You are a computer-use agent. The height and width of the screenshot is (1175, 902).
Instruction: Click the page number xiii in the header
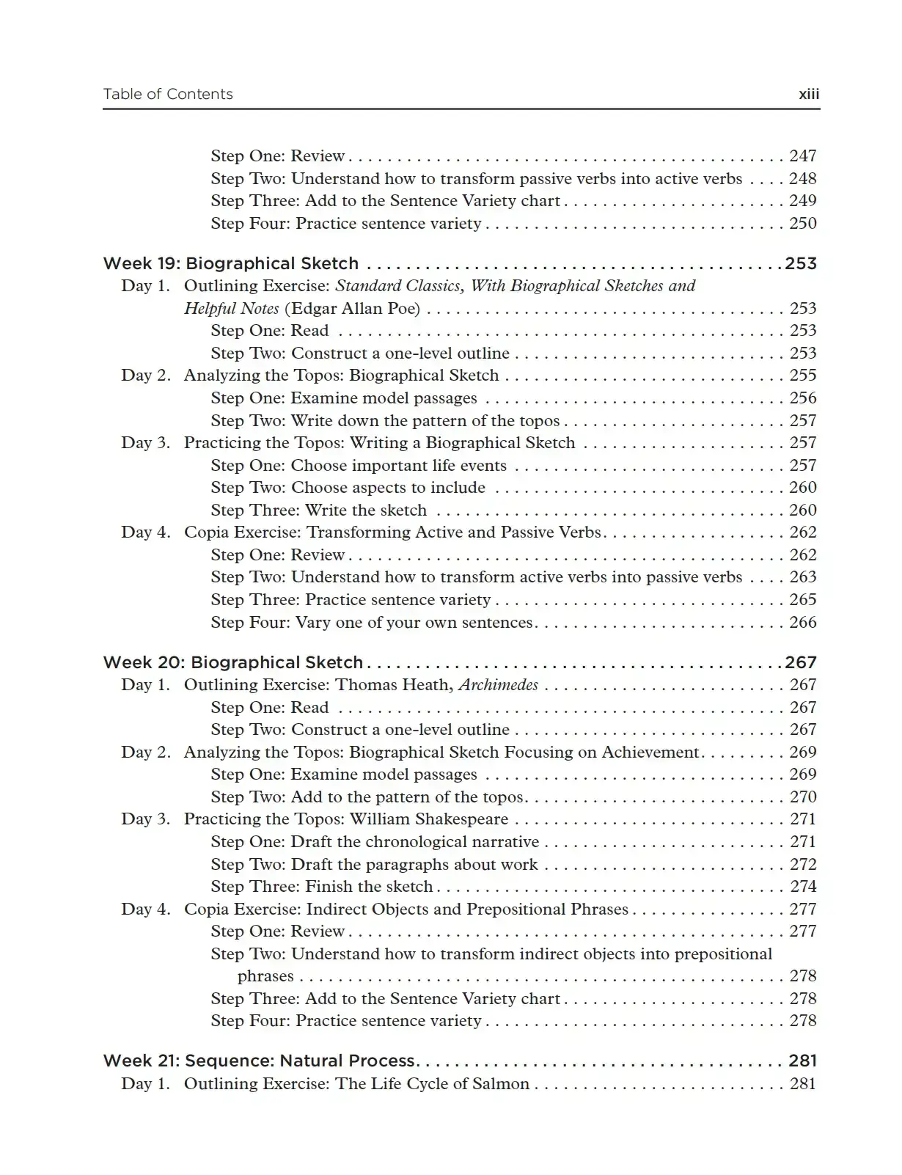click(808, 94)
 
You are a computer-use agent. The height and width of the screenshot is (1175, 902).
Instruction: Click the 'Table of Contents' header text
click(168, 94)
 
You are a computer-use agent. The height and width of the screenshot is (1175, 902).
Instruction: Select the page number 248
click(802, 178)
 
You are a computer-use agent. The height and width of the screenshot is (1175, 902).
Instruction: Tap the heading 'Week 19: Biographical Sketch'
click(231, 263)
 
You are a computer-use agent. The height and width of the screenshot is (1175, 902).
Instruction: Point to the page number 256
click(802, 398)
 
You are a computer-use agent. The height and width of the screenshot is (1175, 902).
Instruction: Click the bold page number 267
click(800, 662)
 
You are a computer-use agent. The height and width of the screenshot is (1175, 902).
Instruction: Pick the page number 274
click(802, 886)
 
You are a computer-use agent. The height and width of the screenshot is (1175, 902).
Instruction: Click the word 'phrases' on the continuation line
click(265, 975)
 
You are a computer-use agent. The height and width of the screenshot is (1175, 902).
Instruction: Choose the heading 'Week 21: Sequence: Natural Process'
click(260, 1061)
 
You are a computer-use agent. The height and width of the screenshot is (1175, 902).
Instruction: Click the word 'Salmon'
click(502, 1083)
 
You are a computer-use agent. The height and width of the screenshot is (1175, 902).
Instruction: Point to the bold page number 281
click(802, 1061)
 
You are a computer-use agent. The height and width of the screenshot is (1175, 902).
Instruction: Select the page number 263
click(802, 576)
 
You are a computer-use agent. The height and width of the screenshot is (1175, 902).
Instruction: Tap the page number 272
click(802, 864)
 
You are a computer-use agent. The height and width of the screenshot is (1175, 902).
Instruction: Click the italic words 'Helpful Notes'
click(231, 308)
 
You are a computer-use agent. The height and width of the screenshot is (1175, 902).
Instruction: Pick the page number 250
click(802, 223)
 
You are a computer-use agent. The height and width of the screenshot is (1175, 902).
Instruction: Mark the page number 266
click(802, 622)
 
